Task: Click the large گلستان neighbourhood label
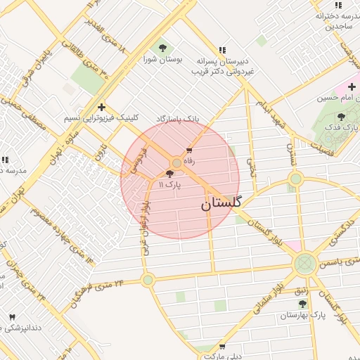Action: tap(220, 204)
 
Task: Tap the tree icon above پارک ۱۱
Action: tap(170, 174)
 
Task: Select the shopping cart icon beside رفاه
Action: tap(189, 150)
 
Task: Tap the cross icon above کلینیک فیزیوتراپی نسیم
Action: tap(102, 108)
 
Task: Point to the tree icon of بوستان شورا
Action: tap(163, 48)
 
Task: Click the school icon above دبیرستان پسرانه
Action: tap(223, 50)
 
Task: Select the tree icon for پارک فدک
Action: tap(342, 117)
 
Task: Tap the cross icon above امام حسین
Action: tap(352, 86)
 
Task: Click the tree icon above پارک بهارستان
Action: tap(302, 304)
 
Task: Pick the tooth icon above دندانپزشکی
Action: tap(11, 317)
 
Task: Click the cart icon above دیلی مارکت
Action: tap(222, 347)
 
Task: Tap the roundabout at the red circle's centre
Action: tap(176, 163)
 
